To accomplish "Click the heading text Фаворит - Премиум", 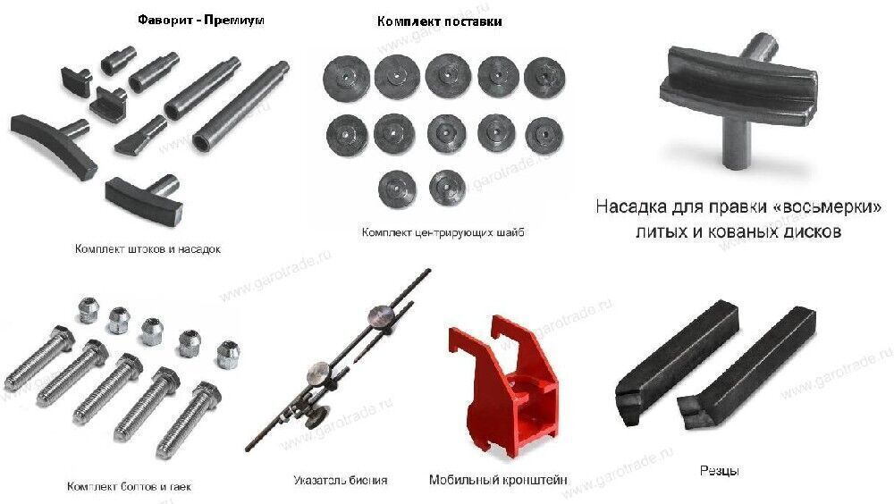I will pyautogui.click(x=201, y=20).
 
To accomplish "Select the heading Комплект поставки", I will pyautogui.click(x=439, y=21).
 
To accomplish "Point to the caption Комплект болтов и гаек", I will pyautogui.click(x=129, y=487).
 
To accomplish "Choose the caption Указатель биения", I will pyautogui.click(x=340, y=480).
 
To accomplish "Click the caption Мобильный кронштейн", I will pyautogui.click(x=498, y=480).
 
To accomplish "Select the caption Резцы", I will pyautogui.click(x=720, y=470).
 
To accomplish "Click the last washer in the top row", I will pyautogui.click(x=544, y=76).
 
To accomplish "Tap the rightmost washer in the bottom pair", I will pyautogui.click(x=446, y=187).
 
